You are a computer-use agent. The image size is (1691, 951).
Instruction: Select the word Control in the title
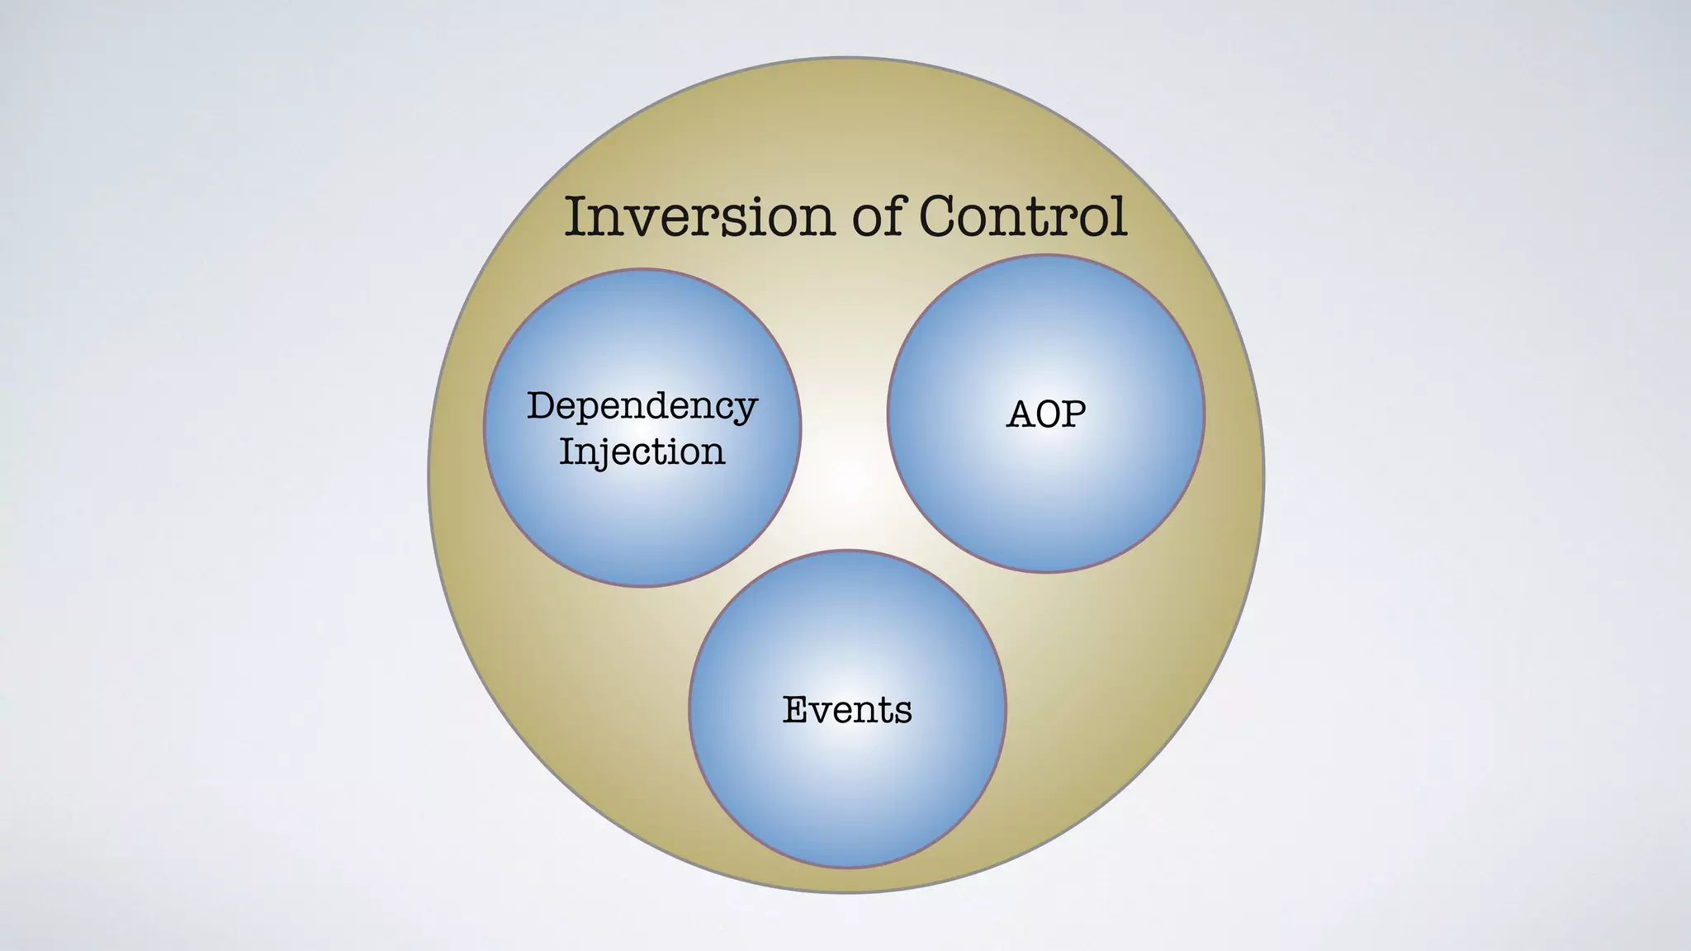click(x=1022, y=216)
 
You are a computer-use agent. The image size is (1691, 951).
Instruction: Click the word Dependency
click(x=642, y=406)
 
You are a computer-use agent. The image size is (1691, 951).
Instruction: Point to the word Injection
click(x=642, y=452)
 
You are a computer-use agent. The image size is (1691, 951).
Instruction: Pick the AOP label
click(x=1046, y=414)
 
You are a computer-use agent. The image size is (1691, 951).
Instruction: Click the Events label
click(x=847, y=710)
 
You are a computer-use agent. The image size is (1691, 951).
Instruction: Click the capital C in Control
click(x=940, y=216)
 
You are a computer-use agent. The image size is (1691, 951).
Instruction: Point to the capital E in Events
click(x=794, y=710)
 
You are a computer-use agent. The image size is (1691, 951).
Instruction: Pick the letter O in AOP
click(x=1047, y=414)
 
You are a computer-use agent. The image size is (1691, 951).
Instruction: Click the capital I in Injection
click(x=566, y=452)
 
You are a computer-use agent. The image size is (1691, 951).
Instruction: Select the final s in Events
click(x=903, y=712)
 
